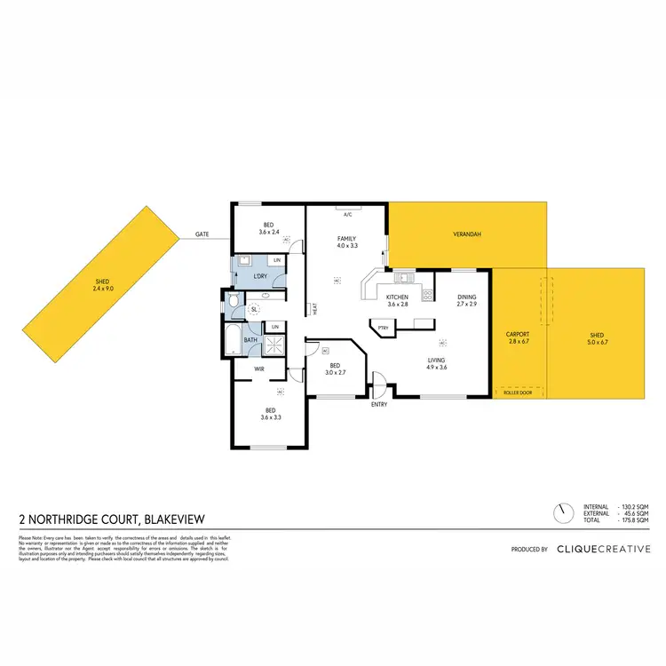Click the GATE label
(202, 234)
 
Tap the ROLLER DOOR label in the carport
(517, 391)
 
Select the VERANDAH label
(467, 234)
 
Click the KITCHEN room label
(397, 297)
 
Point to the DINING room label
(467, 297)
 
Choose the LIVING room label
(436, 360)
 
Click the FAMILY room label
(346, 239)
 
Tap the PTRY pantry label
(384, 329)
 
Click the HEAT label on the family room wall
(315, 310)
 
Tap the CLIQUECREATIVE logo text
(603, 550)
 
